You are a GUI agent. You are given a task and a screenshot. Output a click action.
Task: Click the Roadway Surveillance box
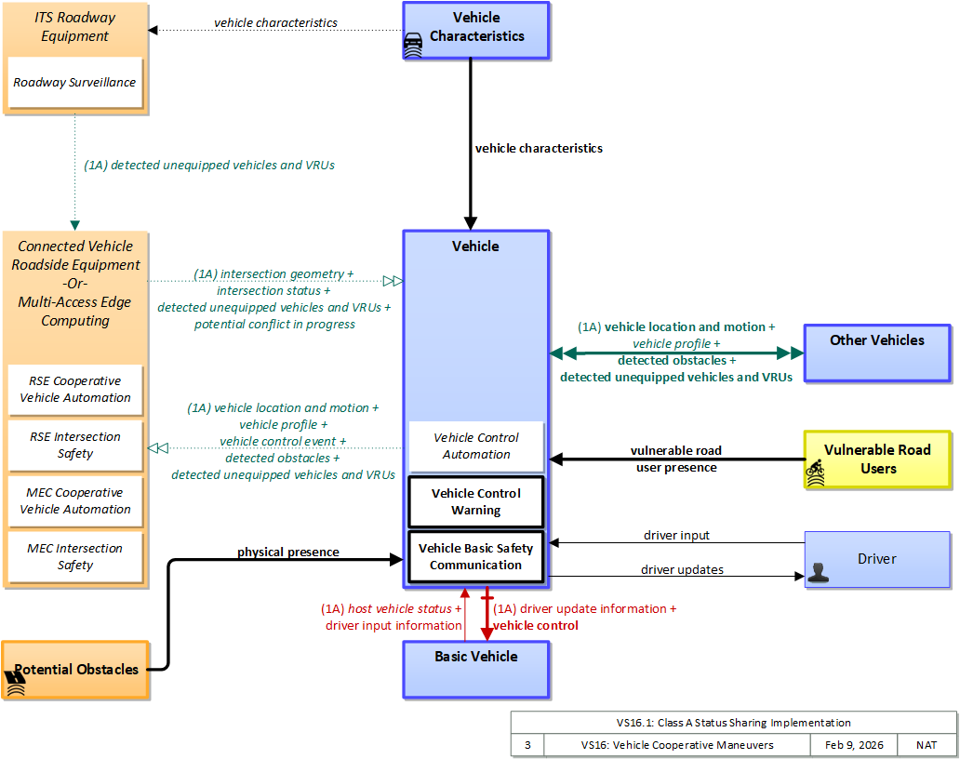(74, 82)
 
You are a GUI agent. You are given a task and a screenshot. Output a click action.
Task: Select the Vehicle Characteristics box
(476, 31)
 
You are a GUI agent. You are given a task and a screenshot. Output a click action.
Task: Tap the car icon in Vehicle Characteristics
(413, 45)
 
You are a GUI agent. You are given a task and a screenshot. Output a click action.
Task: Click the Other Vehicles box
(877, 353)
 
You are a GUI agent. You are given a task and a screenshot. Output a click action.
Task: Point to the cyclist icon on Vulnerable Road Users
(815, 473)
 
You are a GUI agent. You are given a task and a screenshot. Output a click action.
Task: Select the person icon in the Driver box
(818, 573)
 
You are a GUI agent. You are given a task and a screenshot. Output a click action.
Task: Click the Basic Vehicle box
(476, 670)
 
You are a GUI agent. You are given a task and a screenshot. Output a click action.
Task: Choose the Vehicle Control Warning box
(476, 502)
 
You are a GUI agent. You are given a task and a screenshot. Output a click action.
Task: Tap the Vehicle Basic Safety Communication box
(476, 556)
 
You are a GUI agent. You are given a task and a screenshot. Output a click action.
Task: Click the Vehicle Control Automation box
(476, 446)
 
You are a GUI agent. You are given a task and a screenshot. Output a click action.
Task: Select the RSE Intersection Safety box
(75, 445)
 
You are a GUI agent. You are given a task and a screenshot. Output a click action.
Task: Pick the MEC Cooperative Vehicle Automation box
(75, 500)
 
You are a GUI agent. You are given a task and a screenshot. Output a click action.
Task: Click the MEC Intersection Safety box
(75, 557)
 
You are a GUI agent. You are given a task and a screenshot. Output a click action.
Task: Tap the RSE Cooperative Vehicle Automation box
(75, 390)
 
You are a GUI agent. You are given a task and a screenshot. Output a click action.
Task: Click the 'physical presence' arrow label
(288, 552)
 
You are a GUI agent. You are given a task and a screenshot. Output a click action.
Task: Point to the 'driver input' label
(676, 535)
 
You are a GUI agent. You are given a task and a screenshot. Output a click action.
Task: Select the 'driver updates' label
(682, 569)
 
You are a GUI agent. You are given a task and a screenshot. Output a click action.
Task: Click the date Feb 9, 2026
(854, 745)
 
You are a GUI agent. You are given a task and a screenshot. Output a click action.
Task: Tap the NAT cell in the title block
(927, 745)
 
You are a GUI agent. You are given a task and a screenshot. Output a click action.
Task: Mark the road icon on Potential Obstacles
(16, 684)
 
